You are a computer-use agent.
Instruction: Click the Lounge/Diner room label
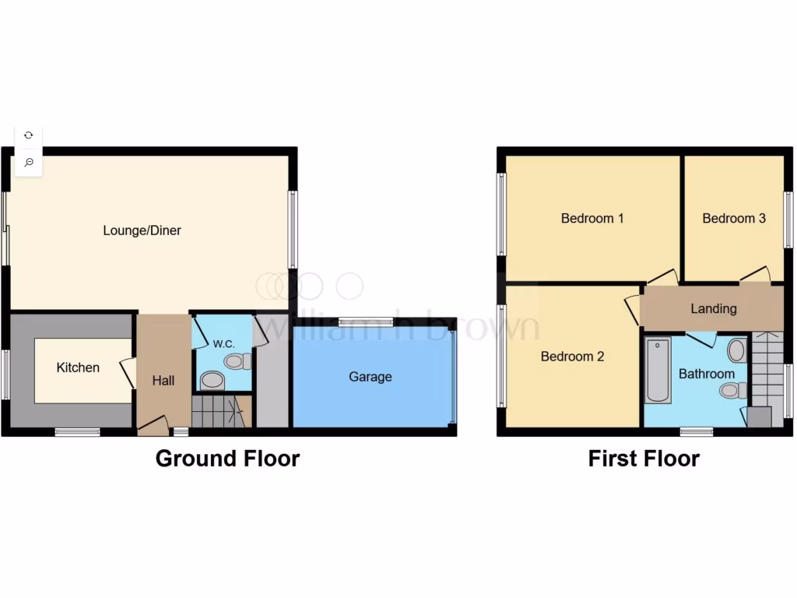pyautogui.click(x=142, y=230)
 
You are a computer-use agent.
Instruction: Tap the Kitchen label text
pyautogui.click(x=78, y=368)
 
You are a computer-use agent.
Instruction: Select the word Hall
pyautogui.click(x=163, y=381)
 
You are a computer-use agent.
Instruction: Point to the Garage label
pyautogui.click(x=370, y=377)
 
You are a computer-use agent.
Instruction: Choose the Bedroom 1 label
pyautogui.click(x=592, y=218)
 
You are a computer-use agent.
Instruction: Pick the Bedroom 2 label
pyautogui.click(x=572, y=357)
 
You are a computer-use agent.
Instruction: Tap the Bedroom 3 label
pyautogui.click(x=734, y=218)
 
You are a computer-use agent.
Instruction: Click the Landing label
pyautogui.click(x=713, y=308)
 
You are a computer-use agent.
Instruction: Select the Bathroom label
pyautogui.click(x=706, y=374)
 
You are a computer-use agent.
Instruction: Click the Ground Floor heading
pyautogui.click(x=227, y=458)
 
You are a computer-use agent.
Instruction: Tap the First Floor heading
pyautogui.click(x=644, y=459)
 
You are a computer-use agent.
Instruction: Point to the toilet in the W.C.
pyautogui.click(x=237, y=361)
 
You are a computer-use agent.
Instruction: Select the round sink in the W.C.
pyautogui.click(x=210, y=381)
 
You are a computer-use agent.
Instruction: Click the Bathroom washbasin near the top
pyautogui.click(x=736, y=350)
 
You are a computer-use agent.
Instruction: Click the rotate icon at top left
pyautogui.click(x=29, y=135)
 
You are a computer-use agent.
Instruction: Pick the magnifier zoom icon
pyautogui.click(x=29, y=162)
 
